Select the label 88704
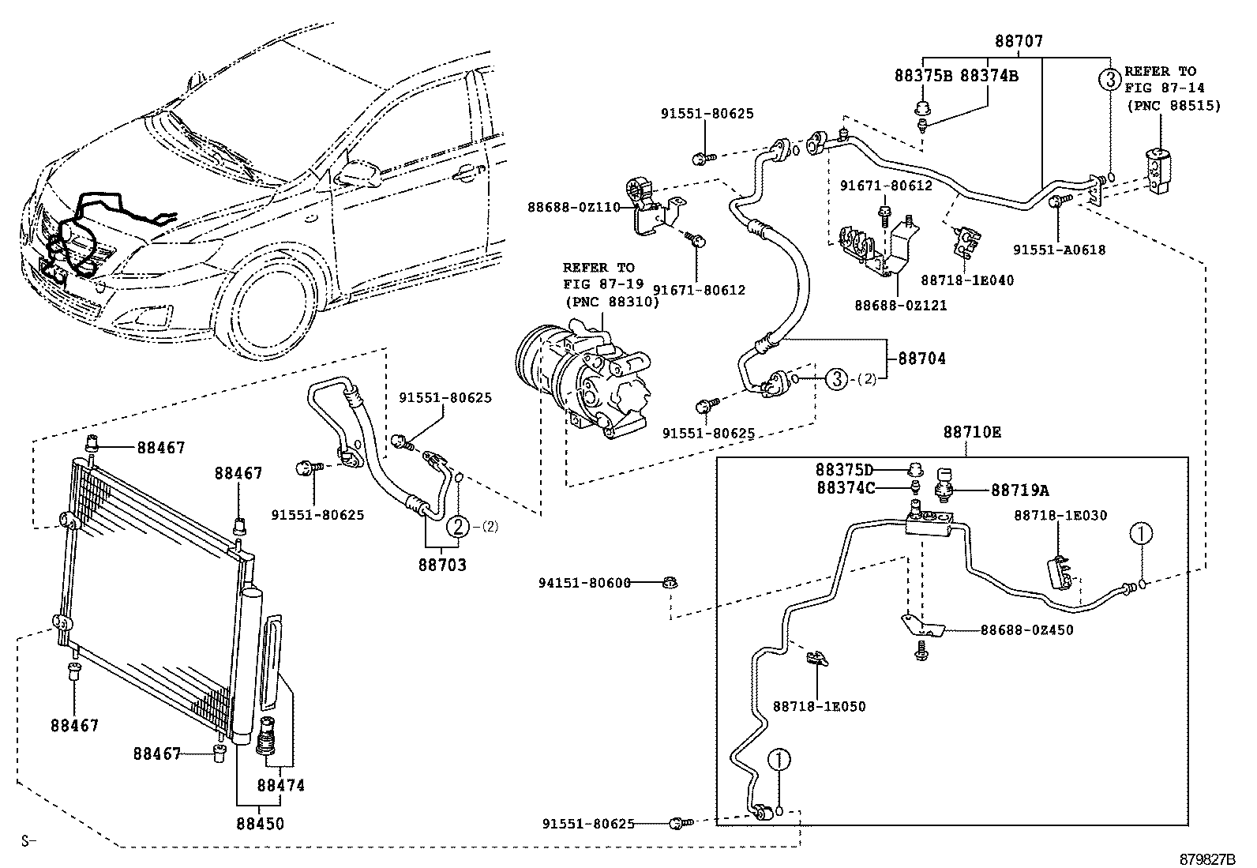point(921,359)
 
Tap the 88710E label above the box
point(972,433)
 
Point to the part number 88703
point(442,565)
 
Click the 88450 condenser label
point(260,823)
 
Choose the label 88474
point(280,786)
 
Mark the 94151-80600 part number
point(585,584)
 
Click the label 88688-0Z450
point(1026,630)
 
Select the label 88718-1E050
point(819,706)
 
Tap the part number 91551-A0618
point(1060,250)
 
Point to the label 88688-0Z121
point(901,305)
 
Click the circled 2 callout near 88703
point(457,527)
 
